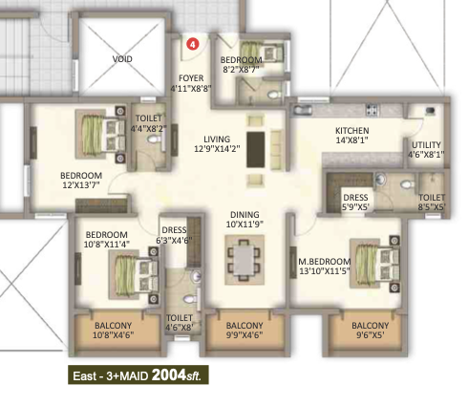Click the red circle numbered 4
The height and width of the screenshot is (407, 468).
192,44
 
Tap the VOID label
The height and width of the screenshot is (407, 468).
122,59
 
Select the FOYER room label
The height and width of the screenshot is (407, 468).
191,78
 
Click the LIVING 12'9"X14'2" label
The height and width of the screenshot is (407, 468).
217,144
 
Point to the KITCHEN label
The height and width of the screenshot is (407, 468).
352,131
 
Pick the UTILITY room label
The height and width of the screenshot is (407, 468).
426,145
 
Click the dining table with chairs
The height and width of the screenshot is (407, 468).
245,260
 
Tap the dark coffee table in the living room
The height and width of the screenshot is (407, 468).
256,149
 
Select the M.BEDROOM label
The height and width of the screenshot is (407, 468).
325,262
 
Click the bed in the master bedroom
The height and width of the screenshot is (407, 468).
374,264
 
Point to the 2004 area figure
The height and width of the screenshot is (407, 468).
169,375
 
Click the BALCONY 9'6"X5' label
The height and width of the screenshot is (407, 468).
370,330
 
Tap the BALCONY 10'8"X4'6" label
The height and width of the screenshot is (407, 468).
113,330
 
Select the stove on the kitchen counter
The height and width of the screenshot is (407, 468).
372,110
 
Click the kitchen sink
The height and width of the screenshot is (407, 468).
303,110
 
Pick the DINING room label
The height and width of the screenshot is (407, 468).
245,215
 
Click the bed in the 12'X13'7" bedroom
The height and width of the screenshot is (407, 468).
100,134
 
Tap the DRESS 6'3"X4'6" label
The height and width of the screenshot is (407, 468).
174,235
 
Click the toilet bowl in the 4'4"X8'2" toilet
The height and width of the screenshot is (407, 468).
155,139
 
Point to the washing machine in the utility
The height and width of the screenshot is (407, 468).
430,111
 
